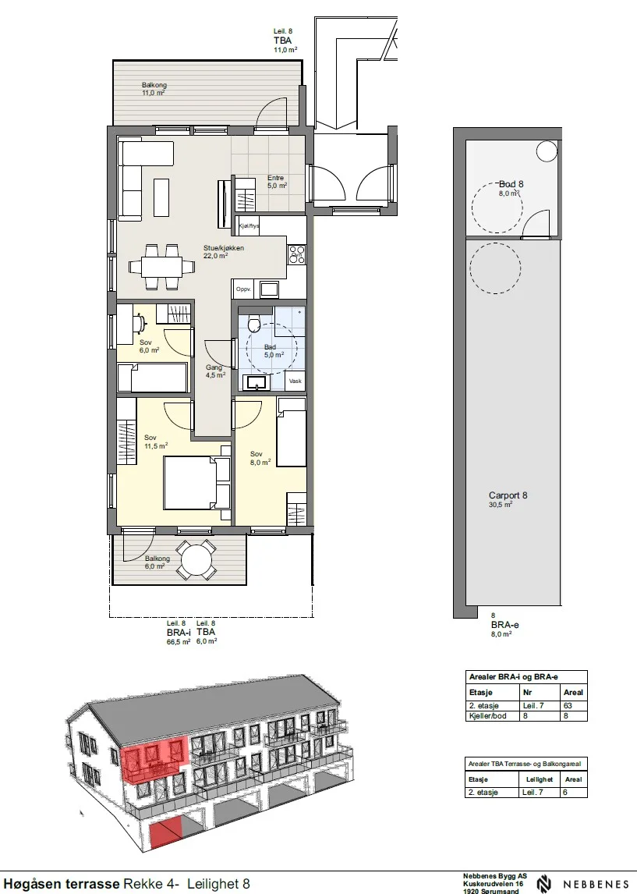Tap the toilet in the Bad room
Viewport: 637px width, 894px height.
click(x=254, y=323)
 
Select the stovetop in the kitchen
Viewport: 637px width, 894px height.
click(x=296, y=254)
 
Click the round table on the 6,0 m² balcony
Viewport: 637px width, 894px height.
click(x=196, y=561)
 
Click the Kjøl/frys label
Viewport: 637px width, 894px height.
click(x=249, y=226)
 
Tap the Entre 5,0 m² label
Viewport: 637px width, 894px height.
click(x=277, y=182)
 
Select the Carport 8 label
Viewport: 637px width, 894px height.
click(x=508, y=495)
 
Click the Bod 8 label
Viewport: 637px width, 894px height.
click(x=511, y=184)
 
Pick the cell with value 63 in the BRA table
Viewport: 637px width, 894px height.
click(x=568, y=705)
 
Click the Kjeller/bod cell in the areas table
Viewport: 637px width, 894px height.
click(x=487, y=715)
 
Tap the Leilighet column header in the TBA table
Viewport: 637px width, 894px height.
click(x=539, y=779)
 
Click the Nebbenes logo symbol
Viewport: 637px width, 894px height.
click(x=544, y=885)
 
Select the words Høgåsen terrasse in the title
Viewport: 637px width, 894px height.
click(x=62, y=884)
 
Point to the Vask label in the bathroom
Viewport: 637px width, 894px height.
click(x=295, y=381)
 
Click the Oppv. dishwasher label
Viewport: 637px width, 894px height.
click(x=244, y=289)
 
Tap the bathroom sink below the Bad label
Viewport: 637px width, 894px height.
click(x=258, y=382)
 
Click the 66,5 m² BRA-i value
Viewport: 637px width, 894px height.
click(x=179, y=641)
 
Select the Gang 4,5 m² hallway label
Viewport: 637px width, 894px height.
click(x=215, y=371)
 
